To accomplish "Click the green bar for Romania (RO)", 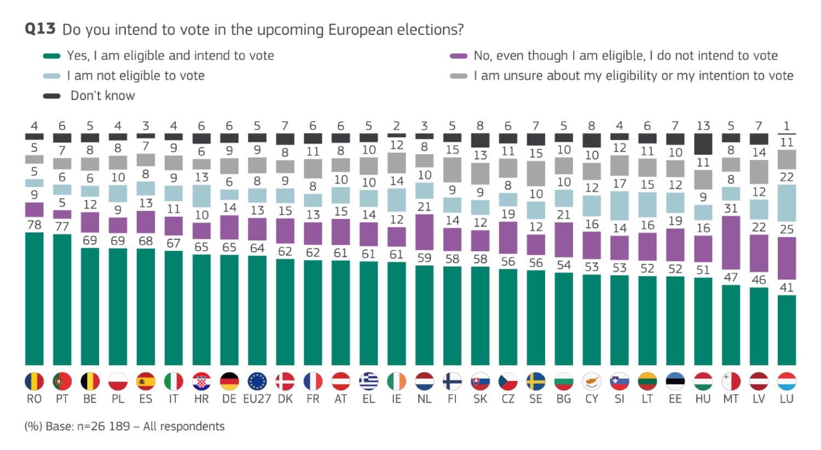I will [x=34, y=298].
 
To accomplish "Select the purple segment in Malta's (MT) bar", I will [x=731, y=243].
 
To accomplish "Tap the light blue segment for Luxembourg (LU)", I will [x=787, y=203].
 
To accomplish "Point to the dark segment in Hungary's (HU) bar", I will [x=703, y=145].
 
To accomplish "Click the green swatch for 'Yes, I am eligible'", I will [x=51, y=56].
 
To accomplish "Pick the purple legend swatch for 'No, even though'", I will [x=458, y=56].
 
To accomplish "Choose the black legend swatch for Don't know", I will [x=51, y=96].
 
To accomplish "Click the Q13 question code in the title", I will [x=40, y=29].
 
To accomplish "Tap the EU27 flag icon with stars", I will [x=257, y=381].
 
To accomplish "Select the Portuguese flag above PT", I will [x=62, y=381].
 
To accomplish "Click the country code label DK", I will [x=285, y=399].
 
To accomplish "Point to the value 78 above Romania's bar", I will [x=34, y=225].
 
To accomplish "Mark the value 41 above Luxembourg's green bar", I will [x=787, y=287].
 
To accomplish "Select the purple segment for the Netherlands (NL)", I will [x=424, y=232].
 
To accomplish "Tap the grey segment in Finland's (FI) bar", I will [x=452, y=170].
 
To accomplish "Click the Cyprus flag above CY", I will [x=592, y=381].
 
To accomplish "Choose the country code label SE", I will [x=536, y=399].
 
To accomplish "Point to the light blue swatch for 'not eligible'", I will [x=51, y=76].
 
